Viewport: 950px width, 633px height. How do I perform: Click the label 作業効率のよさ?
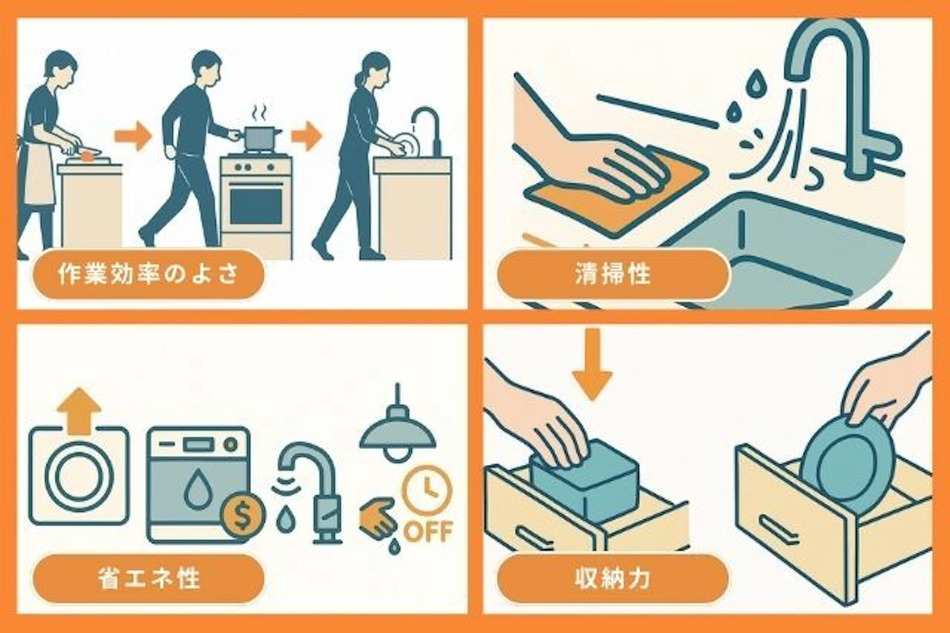(147, 274)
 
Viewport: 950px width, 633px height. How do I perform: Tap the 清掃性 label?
(613, 274)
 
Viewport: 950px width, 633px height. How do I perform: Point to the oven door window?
(256, 206)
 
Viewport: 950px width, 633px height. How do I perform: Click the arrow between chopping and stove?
(132, 135)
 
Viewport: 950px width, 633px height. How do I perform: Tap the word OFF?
(427, 532)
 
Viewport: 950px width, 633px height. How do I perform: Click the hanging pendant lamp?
(397, 433)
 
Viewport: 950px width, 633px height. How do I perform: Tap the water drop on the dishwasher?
(199, 488)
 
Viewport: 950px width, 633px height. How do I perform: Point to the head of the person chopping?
(60, 64)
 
